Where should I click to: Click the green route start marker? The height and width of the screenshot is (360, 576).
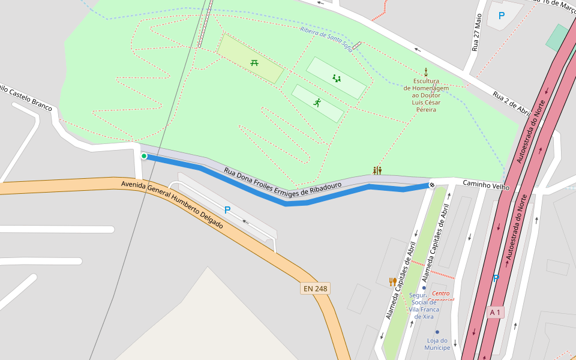(x=144, y=156)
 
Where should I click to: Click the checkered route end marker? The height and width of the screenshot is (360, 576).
(x=431, y=184)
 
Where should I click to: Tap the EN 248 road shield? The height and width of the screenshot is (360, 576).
(x=316, y=289)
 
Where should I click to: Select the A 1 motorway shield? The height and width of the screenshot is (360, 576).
(x=496, y=312)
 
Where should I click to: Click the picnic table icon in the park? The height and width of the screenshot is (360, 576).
(x=254, y=62)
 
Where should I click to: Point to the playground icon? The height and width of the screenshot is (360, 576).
(x=337, y=78)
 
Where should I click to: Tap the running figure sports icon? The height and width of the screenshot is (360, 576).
(x=317, y=103)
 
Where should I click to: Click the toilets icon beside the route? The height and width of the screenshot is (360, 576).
(x=377, y=170)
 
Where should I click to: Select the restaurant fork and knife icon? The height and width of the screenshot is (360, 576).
(x=393, y=281)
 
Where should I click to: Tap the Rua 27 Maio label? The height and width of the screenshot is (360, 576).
(x=477, y=32)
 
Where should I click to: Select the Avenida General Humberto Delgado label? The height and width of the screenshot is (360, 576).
(x=172, y=204)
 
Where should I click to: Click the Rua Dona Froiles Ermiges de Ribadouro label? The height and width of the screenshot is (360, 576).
(x=283, y=182)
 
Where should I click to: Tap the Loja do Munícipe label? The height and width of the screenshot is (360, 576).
(x=437, y=344)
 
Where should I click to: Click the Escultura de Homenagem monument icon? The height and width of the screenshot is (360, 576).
(x=426, y=71)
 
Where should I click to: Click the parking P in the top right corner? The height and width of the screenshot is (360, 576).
(x=502, y=16)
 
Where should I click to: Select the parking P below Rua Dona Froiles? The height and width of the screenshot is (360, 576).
(x=227, y=210)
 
